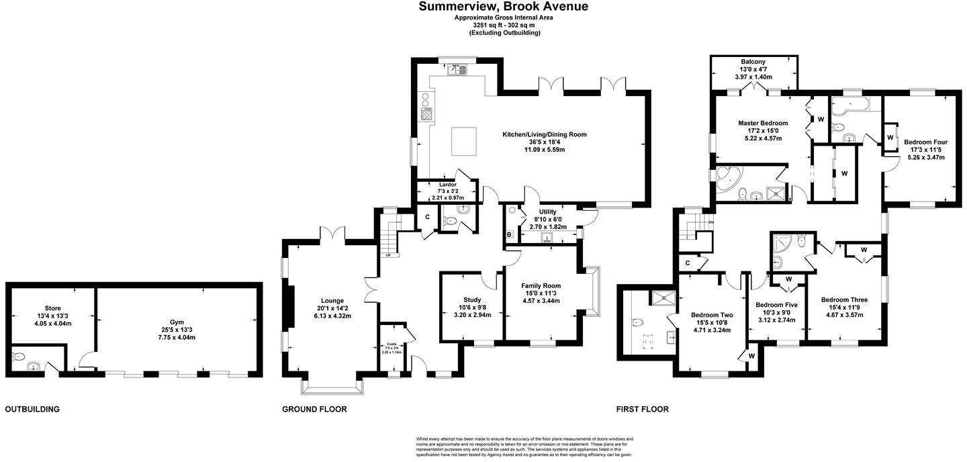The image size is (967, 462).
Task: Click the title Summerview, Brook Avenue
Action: pos(504,7)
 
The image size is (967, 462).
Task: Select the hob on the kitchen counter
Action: pos(426,113)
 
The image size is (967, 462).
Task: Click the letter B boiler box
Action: pos(510,234)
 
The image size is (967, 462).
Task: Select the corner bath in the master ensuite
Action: pos(727,179)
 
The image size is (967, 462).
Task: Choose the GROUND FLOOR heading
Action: pos(314,409)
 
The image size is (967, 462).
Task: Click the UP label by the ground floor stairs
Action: pos(387,255)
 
